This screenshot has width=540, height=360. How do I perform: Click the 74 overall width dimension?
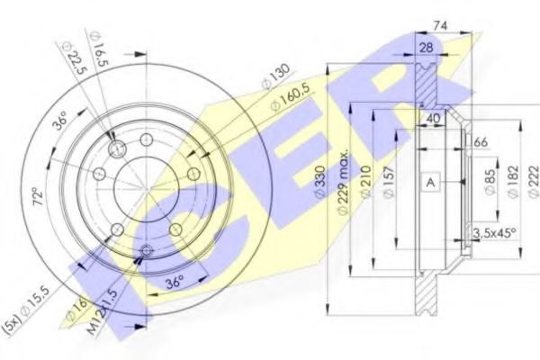pos(464,28)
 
